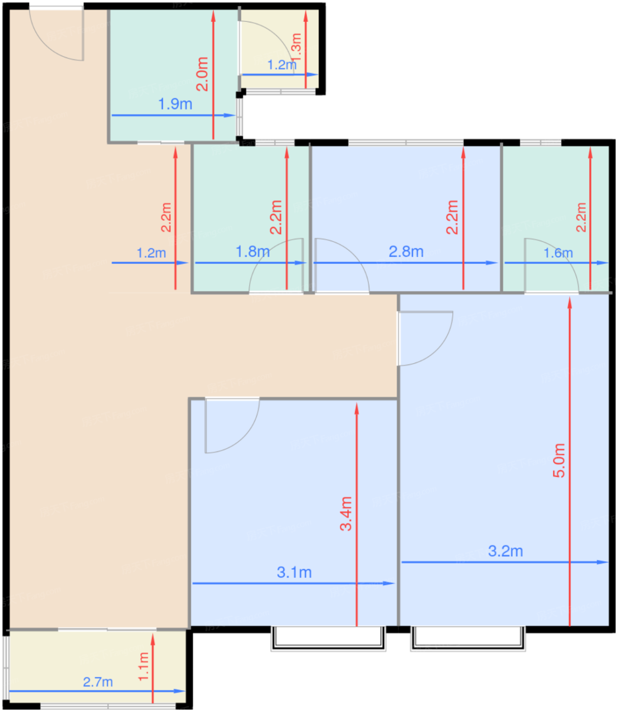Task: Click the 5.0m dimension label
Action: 559,460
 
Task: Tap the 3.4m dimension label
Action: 346,514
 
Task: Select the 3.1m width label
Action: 294,573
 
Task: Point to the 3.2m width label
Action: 505,551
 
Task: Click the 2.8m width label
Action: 406,252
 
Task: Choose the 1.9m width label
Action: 175,104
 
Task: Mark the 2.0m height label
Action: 202,74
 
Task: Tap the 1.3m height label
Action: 296,47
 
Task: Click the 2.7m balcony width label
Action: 98,681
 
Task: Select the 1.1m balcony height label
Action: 143,666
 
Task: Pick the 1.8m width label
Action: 253,252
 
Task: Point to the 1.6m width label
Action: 558,253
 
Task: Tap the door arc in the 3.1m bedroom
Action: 240,435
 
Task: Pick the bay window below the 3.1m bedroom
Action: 328,639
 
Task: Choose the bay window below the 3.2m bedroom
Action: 467,639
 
